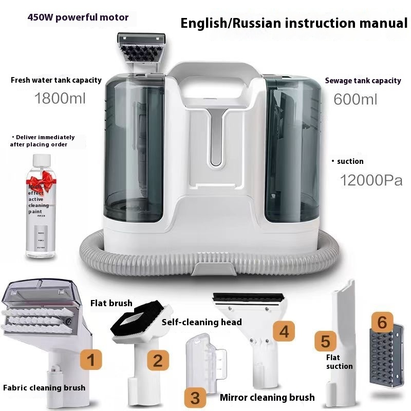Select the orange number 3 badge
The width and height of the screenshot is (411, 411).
pyautogui.click(x=195, y=397)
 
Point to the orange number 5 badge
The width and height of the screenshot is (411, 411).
pyautogui.click(x=326, y=341)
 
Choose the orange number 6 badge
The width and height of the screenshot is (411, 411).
pyautogui.click(x=382, y=322)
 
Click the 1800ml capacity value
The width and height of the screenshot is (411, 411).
pyautogui.click(x=59, y=98)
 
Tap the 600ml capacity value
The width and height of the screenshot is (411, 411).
pyautogui.click(x=355, y=99)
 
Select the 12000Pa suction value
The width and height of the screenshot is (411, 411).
pyautogui.click(x=371, y=180)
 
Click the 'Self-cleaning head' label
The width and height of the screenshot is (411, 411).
pyautogui.click(x=201, y=322)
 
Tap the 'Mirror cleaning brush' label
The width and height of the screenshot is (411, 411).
pyautogui.click(x=267, y=397)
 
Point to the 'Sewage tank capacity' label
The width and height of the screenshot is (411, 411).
pyautogui.click(x=363, y=81)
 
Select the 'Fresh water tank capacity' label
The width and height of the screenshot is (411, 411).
pyautogui.click(x=56, y=80)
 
